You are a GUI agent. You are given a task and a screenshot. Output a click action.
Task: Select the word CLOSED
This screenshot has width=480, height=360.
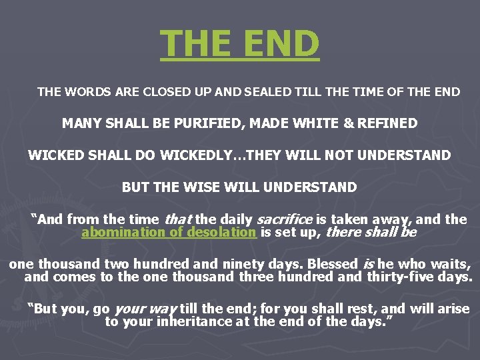[x=157, y=92]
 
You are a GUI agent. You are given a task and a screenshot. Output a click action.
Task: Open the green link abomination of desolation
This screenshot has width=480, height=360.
[x=169, y=233]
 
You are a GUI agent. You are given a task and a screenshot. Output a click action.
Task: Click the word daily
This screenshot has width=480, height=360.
[x=235, y=219]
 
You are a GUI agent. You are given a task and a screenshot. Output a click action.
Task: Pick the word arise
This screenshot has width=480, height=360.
[x=453, y=309]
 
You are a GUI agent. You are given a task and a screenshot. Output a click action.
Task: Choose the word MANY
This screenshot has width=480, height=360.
[x=78, y=123]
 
